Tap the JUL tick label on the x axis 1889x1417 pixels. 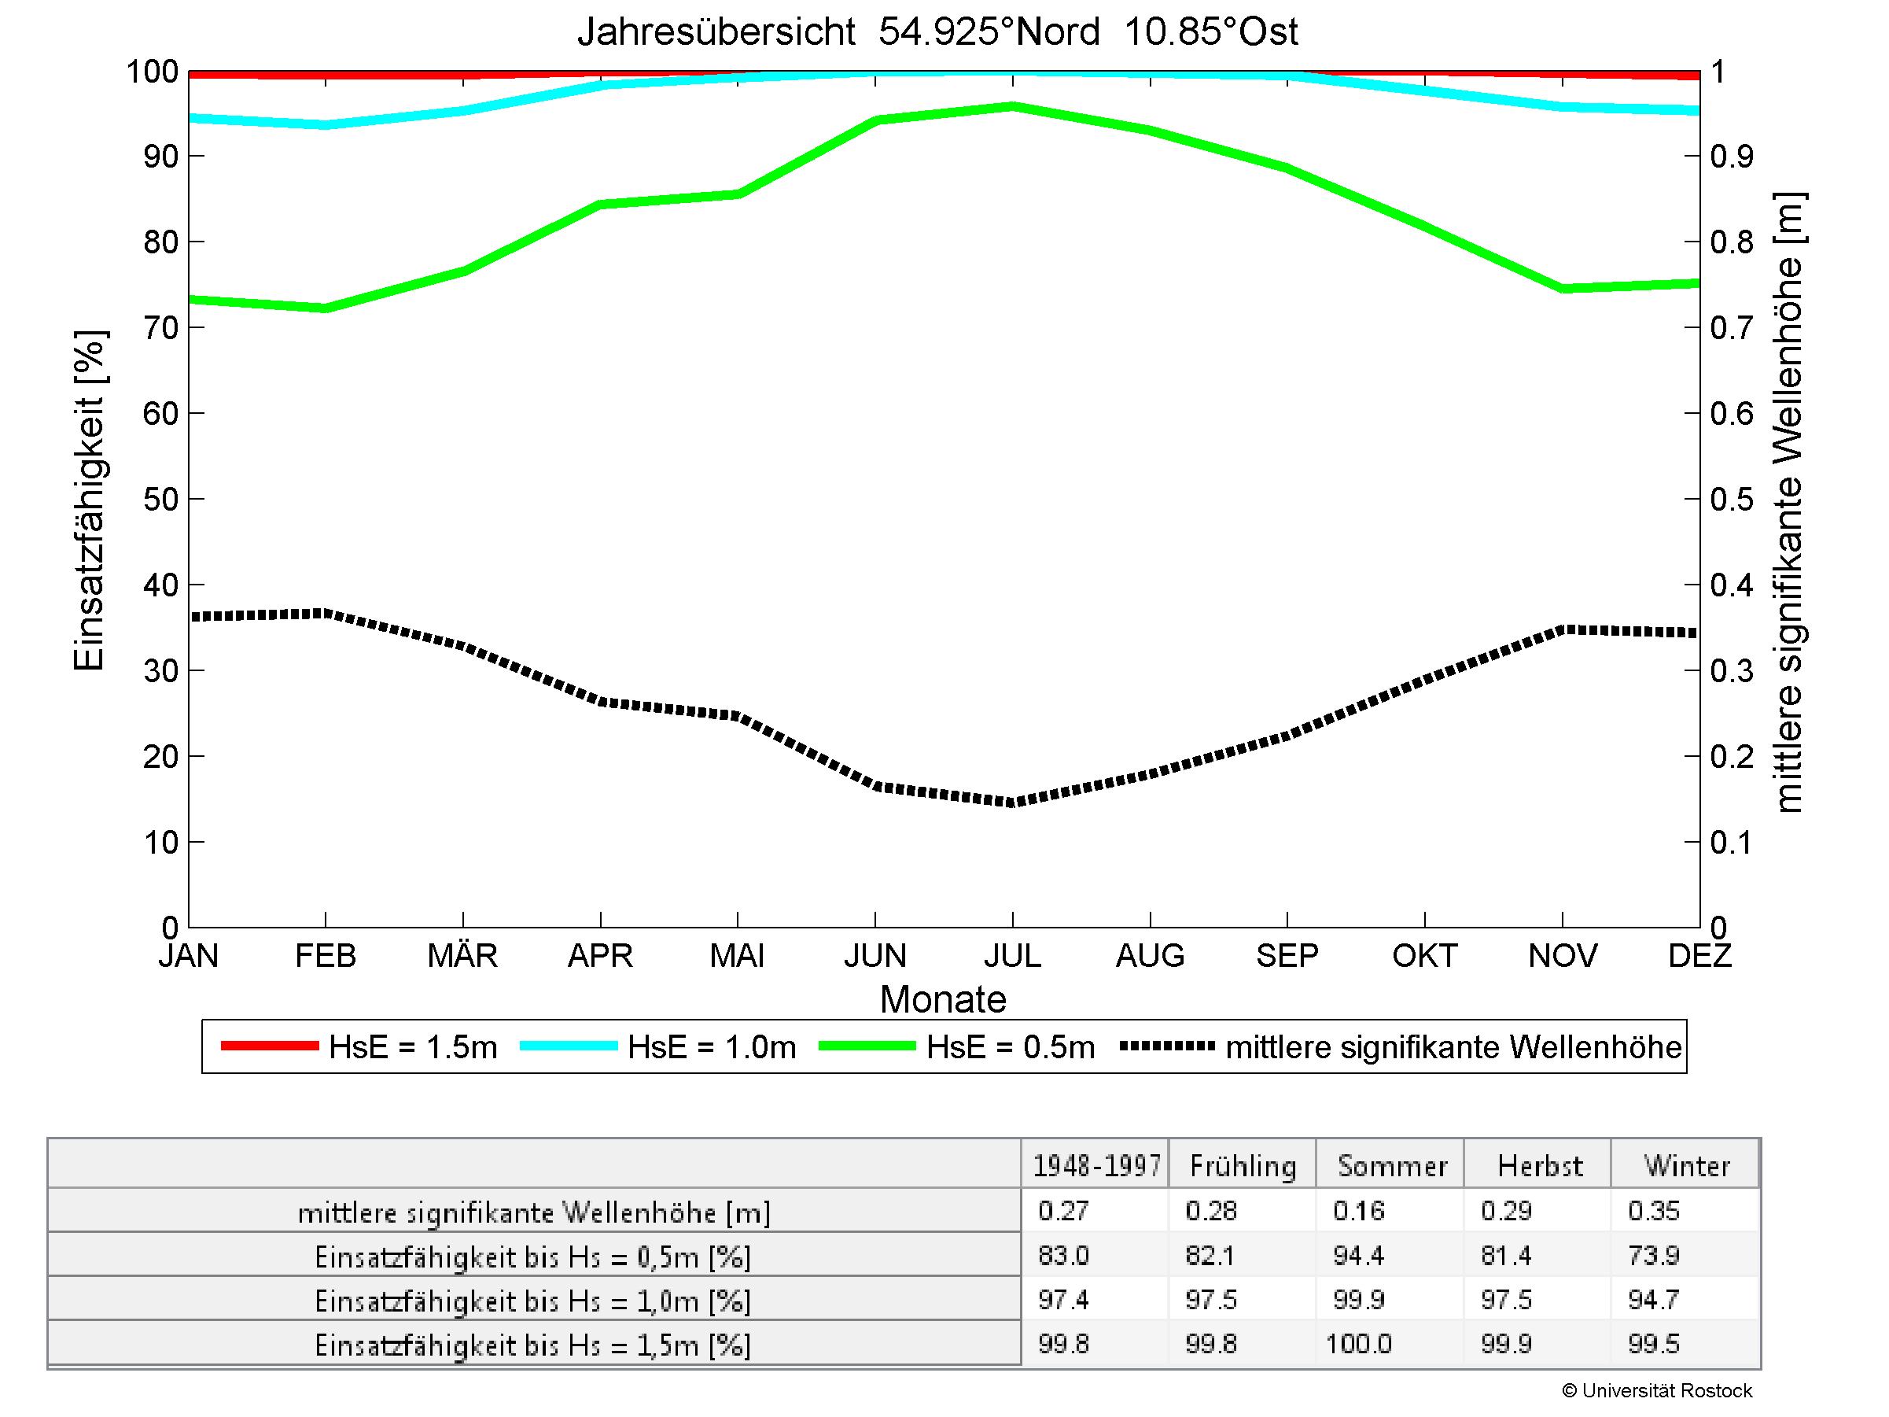[x=1012, y=956]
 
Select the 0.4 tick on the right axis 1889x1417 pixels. [x=1731, y=586]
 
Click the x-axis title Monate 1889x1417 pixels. [x=943, y=999]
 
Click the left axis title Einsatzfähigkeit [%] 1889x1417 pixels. [x=89, y=500]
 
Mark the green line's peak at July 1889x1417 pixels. [x=1013, y=107]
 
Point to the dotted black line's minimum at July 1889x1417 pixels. [x=1013, y=802]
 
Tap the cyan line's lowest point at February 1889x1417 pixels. [x=326, y=124]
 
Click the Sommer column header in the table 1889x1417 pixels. [x=1392, y=1166]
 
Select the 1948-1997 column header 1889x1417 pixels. [x=1096, y=1166]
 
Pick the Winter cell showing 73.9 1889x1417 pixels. [x=1653, y=1256]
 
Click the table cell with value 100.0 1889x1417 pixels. [x=1359, y=1345]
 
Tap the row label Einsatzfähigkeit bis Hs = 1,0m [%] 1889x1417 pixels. [x=533, y=1301]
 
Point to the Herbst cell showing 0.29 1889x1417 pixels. [x=1507, y=1211]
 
